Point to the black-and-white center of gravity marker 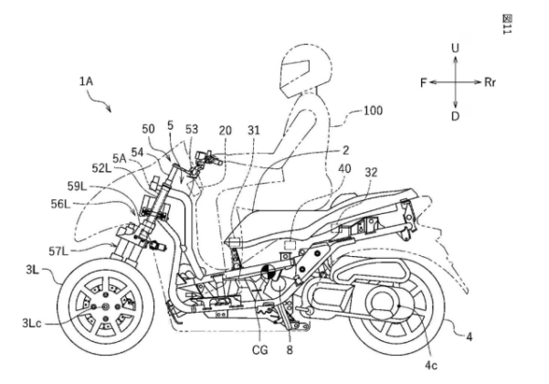click(x=271, y=272)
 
